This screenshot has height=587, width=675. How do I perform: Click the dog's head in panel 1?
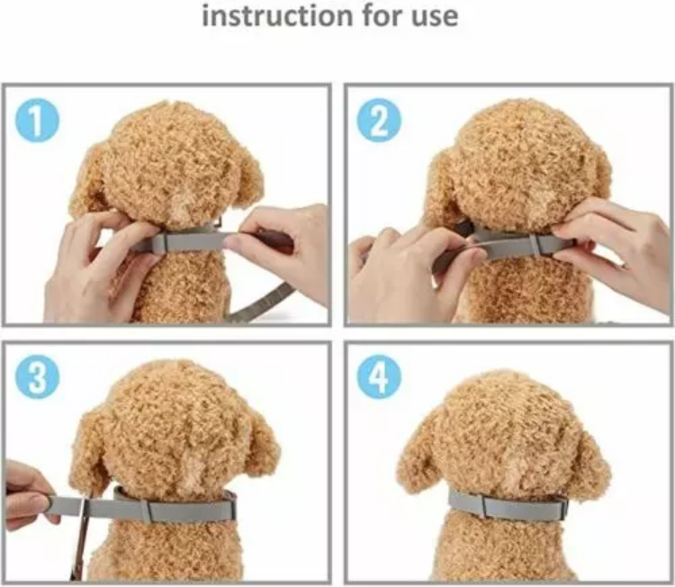(171, 167)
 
